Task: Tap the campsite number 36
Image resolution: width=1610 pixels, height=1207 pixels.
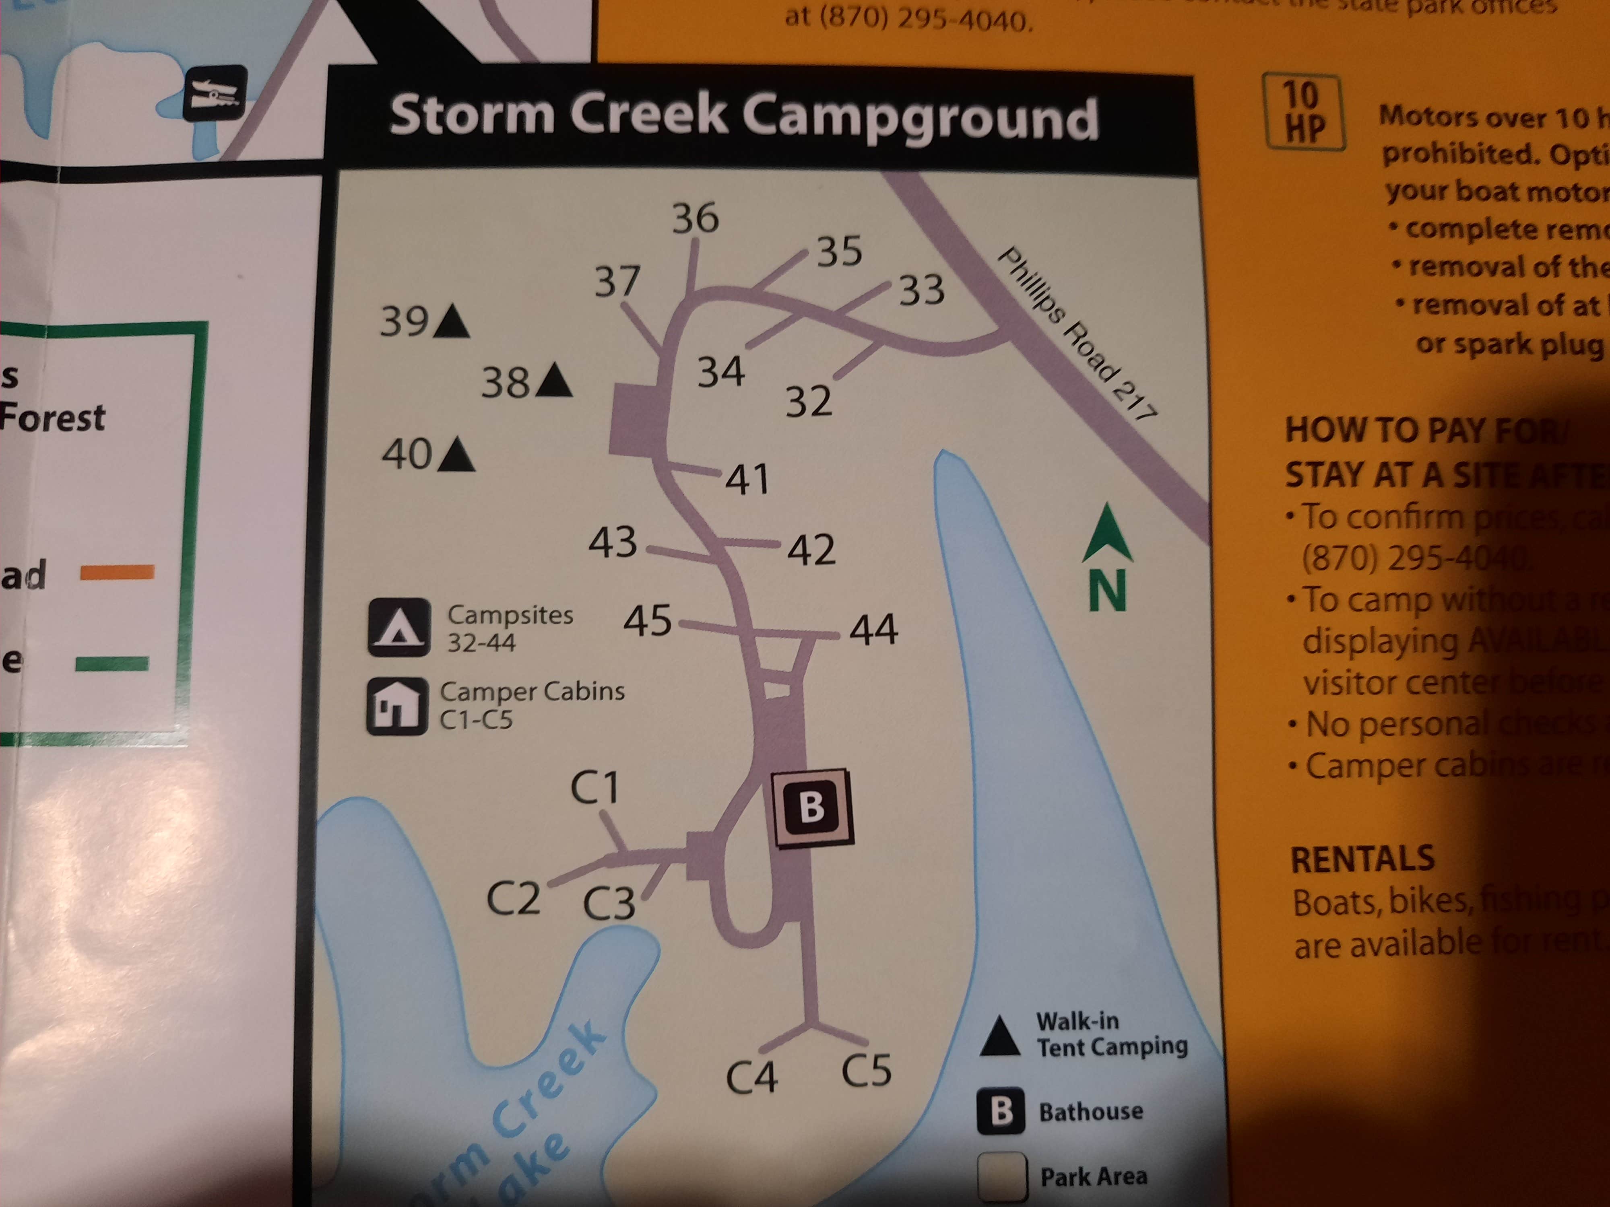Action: point(695,218)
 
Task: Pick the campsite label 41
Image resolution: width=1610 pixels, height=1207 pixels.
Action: point(747,480)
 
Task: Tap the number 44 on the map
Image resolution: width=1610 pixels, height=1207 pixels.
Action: point(873,630)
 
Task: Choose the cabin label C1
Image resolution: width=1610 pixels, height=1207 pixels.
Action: point(594,788)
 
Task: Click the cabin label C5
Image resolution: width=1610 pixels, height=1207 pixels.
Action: point(866,1070)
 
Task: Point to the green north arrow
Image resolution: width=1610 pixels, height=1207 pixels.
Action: point(1107,535)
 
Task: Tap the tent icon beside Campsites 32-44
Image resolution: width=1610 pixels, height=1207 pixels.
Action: point(398,627)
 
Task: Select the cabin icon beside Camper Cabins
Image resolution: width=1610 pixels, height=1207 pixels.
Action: point(397,706)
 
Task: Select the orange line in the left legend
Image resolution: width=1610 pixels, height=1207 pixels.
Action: point(116,573)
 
